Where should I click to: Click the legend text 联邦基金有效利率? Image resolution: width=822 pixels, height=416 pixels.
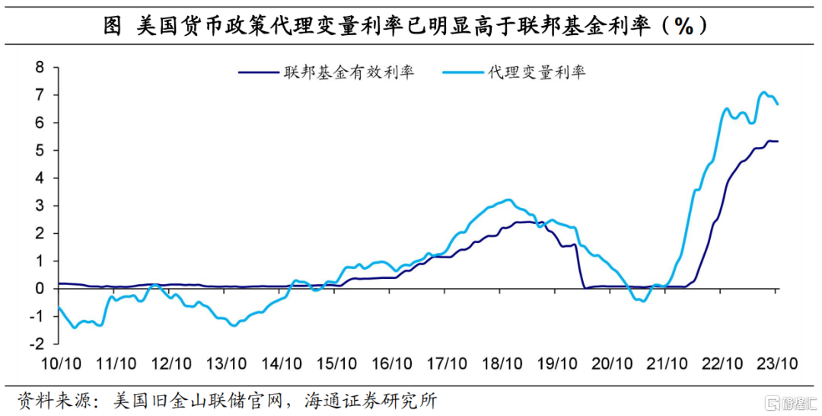pos(349,73)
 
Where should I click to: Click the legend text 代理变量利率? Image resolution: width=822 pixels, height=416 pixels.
pos(537,73)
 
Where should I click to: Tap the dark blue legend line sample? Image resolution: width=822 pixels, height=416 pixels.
pos(259,73)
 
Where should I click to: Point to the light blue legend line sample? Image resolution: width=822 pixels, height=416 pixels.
pos(461,73)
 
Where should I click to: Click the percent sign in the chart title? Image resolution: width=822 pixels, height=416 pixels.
pos(683,26)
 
